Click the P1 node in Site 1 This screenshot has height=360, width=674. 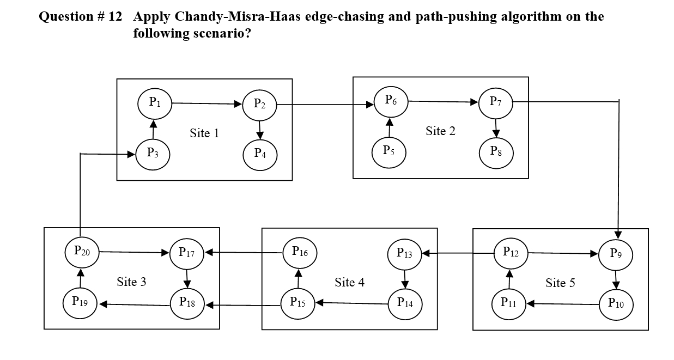tap(155, 101)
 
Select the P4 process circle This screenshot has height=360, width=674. tap(260, 154)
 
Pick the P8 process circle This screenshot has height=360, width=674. tap(496, 151)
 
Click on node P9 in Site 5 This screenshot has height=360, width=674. tap(616, 253)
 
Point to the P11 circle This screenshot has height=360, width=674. tap(508, 303)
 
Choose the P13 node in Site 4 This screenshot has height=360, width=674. tap(404, 253)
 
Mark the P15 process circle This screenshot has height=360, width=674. tap(297, 301)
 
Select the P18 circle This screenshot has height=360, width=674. tap(187, 302)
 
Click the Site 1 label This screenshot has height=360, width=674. tap(204, 133)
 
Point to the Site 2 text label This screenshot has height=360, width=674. tap(440, 131)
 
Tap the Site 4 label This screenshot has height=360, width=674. tap(349, 282)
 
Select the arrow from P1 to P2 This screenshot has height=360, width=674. tap(207, 103)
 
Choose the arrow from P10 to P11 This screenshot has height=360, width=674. tap(562, 303)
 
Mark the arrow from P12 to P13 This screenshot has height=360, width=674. tap(457, 253)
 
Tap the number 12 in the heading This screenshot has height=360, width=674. tap(115, 16)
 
